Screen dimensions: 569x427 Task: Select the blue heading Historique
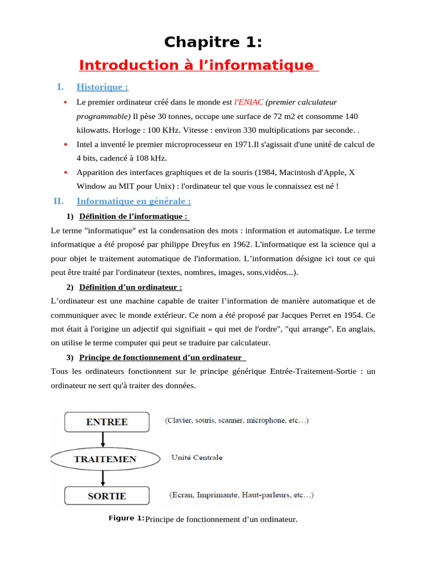[102, 87]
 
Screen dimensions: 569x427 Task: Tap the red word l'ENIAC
[249, 102]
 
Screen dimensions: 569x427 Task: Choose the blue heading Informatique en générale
[133, 201]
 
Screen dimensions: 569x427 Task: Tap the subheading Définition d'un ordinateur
[131, 287]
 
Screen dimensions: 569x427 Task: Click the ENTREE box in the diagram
[107, 422]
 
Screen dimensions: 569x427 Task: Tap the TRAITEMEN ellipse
[106, 459]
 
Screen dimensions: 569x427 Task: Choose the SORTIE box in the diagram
[107, 496]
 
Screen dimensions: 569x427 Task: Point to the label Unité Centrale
[197, 457]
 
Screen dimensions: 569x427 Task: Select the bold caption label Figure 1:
[126, 518]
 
